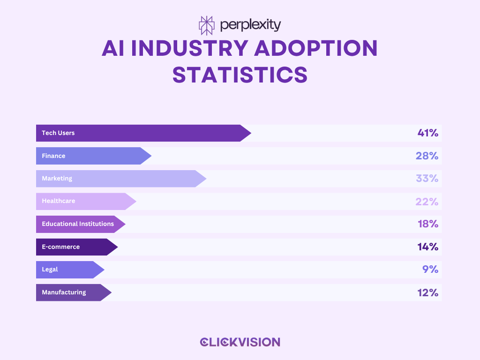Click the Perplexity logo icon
point(206,25)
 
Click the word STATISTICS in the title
point(240,75)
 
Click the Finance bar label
point(53,156)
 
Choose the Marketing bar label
point(57,179)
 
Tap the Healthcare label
point(58,201)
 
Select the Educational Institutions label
point(78,224)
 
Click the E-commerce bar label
point(60,247)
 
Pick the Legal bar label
point(50,270)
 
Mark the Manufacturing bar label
point(64,292)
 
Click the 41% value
point(427,133)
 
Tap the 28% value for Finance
point(427,156)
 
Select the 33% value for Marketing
point(427,179)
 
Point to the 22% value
point(427,202)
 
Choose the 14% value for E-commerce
point(427,247)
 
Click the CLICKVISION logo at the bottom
point(240,342)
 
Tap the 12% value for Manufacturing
point(427,292)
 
